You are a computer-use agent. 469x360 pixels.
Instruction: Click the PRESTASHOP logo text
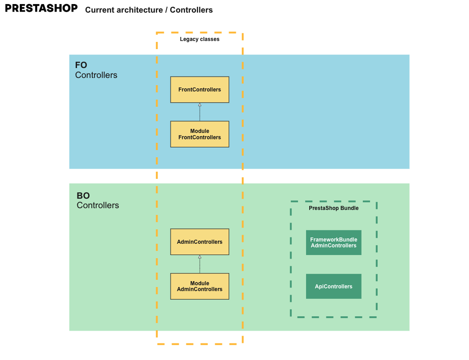tap(41, 9)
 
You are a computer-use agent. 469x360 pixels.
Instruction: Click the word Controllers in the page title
tap(191, 10)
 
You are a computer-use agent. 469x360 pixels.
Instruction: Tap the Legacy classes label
tap(199, 39)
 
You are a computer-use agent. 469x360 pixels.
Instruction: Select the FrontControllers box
tap(199, 90)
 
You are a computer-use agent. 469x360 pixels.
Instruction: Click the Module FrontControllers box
tap(199, 134)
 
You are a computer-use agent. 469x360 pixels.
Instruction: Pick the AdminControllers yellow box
tap(199, 242)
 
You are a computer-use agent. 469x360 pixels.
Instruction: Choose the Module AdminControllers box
tap(199, 286)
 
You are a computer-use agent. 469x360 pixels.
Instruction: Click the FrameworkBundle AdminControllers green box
tap(334, 242)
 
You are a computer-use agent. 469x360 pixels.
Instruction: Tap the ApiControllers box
tap(334, 286)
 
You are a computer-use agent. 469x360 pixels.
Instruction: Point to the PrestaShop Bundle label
tap(334, 208)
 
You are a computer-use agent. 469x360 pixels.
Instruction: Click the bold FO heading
tap(81, 65)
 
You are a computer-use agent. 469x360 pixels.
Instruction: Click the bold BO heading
tap(83, 196)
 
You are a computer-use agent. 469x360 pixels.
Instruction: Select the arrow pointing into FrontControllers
tap(199, 112)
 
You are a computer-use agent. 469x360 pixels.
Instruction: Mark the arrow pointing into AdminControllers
tap(199, 264)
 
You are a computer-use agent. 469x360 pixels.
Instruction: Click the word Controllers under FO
tap(96, 75)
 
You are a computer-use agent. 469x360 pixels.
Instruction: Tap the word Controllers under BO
tap(98, 205)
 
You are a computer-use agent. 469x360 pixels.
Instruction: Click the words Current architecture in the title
tap(124, 10)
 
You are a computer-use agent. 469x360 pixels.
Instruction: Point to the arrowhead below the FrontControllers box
tap(199, 105)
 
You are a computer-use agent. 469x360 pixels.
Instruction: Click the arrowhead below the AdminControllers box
tap(199, 257)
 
